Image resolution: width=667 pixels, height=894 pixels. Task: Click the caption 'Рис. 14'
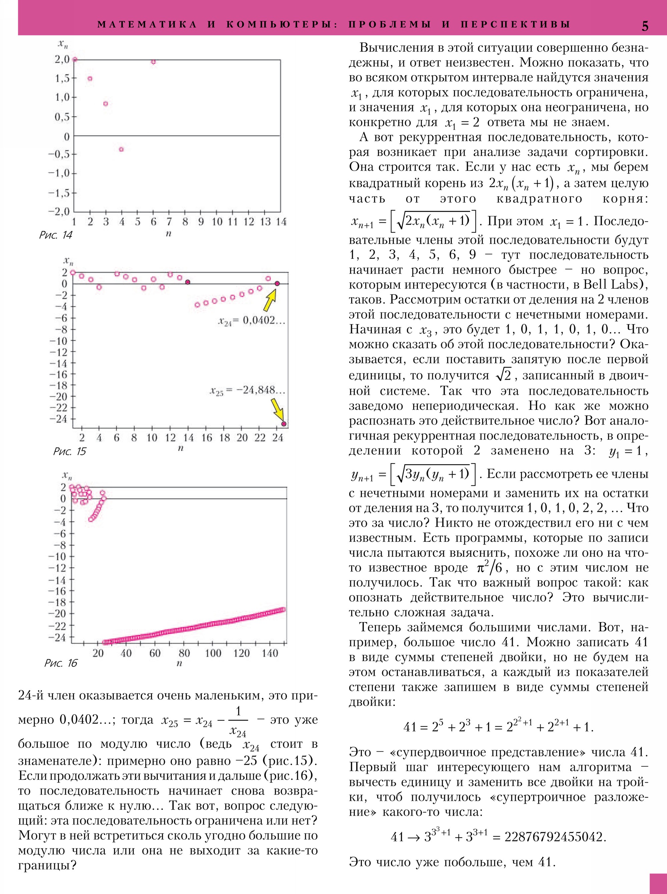click(56, 235)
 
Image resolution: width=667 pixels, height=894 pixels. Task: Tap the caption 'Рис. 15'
click(70, 451)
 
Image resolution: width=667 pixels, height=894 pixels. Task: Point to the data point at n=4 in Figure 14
click(121, 150)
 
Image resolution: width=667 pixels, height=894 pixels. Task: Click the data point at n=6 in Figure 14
click(153, 62)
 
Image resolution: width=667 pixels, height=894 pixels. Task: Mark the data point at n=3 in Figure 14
click(105, 104)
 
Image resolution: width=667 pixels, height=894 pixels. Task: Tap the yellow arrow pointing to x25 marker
click(277, 410)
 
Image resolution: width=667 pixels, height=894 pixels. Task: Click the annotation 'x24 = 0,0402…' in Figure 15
click(251, 321)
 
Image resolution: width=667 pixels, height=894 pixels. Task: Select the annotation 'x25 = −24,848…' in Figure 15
click(247, 391)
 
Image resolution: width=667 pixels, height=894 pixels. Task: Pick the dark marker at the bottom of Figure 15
click(284, 424)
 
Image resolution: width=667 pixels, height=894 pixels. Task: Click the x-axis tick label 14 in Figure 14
click(281, 222)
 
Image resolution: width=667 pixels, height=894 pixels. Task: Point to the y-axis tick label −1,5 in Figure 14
click(59, 193)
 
